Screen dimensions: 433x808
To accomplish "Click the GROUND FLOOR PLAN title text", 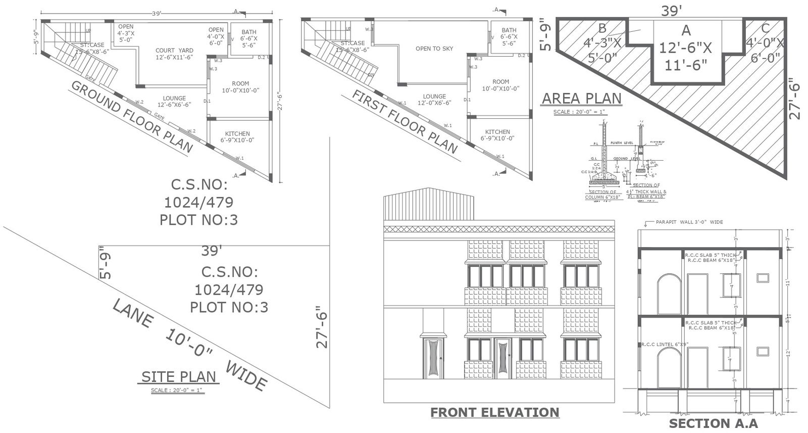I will tap(132, 117).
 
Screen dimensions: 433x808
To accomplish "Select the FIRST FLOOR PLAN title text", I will tap(405, 122).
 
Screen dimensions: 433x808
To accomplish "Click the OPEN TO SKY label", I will tap(434, 49).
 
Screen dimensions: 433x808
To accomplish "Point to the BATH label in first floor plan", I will tap(509, 30).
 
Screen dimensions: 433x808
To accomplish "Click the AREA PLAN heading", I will tap(581, 98).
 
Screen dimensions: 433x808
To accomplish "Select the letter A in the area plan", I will tap(685, 30).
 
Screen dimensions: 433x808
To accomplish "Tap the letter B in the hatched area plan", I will tap(601, 27).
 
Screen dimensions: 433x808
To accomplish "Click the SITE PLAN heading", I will tap(178, 376).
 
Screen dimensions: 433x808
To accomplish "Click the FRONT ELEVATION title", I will tap(494, 412).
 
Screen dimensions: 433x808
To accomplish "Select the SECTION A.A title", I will tap(713, 423).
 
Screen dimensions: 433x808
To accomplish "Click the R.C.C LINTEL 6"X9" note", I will tap(665, 344).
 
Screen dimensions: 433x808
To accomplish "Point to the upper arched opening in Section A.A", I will tap(668, 294).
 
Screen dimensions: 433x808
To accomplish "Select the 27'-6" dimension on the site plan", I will tap(322, 327).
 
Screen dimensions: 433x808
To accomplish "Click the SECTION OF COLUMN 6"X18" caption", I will tap(602, 195).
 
